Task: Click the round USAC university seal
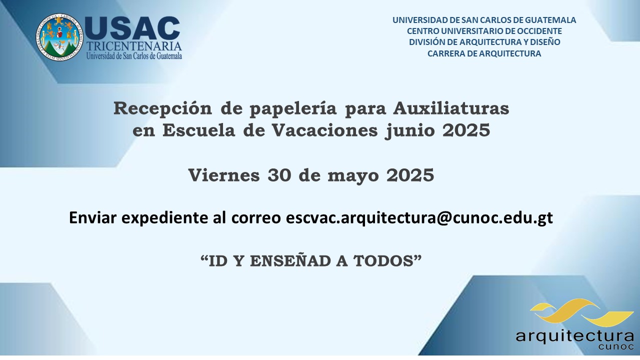coord(59,37)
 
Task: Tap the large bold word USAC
coord(132,28)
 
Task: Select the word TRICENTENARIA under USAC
coord(134,46)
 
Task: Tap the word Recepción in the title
coord(162,108)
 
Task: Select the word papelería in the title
coord(293,109)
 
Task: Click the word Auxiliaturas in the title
coord(451,108)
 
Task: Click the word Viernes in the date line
coord(224,175)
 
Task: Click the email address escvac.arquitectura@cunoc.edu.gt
coord(419,217)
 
